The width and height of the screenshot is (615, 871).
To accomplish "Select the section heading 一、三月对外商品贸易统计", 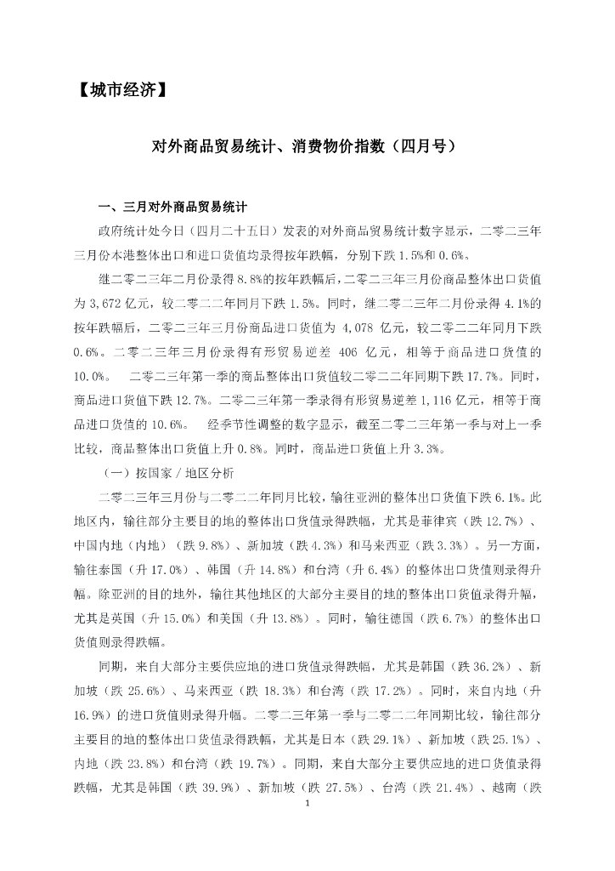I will coord(173,207).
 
